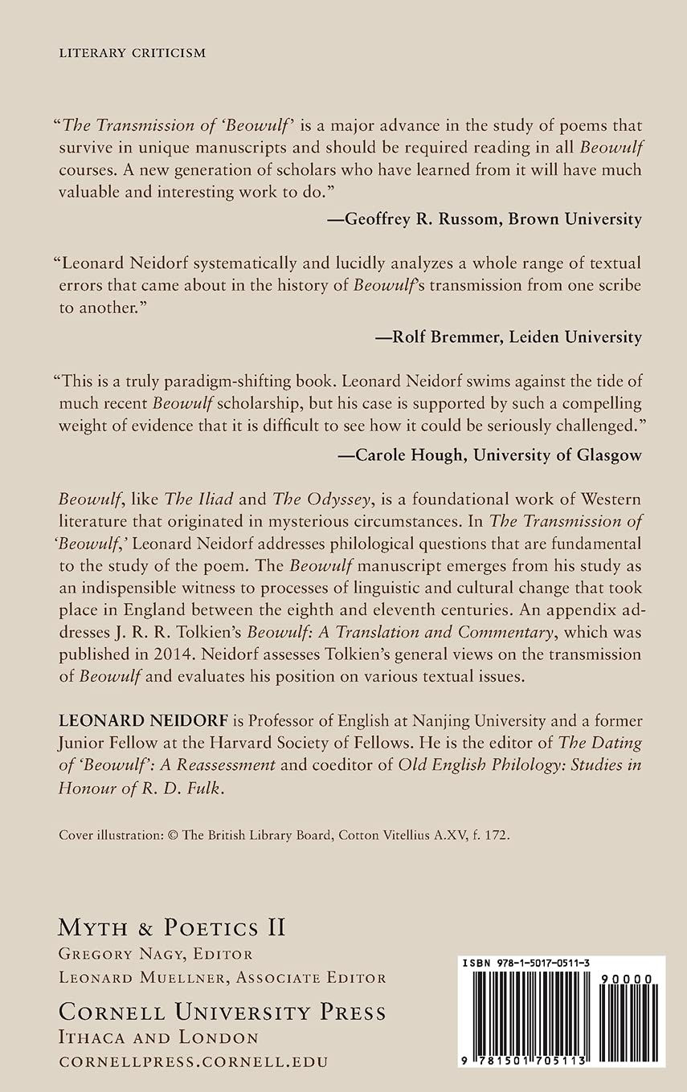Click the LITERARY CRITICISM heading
[133, 53]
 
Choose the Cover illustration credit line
[283, 834]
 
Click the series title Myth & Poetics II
[172, 928]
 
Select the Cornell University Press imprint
[222, 1012]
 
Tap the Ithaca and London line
[158, 1038]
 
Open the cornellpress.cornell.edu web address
[193, 1061]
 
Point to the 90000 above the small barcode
[628, 978]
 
